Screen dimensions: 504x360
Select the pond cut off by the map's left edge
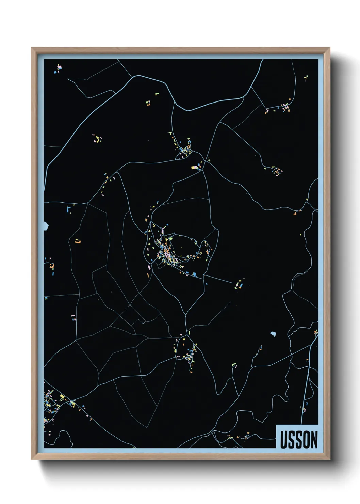pos(46,225)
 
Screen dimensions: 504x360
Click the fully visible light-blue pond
pos(273,334)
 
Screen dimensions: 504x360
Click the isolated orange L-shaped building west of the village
pos(77,241)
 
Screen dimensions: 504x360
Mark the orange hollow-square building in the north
pos(148,103)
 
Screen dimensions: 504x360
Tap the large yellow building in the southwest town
pos(62,397)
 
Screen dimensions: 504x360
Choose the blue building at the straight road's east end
pos(241,284)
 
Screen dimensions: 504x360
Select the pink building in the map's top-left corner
pos(60,68)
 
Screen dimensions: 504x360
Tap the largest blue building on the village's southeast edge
pos(194,273)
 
